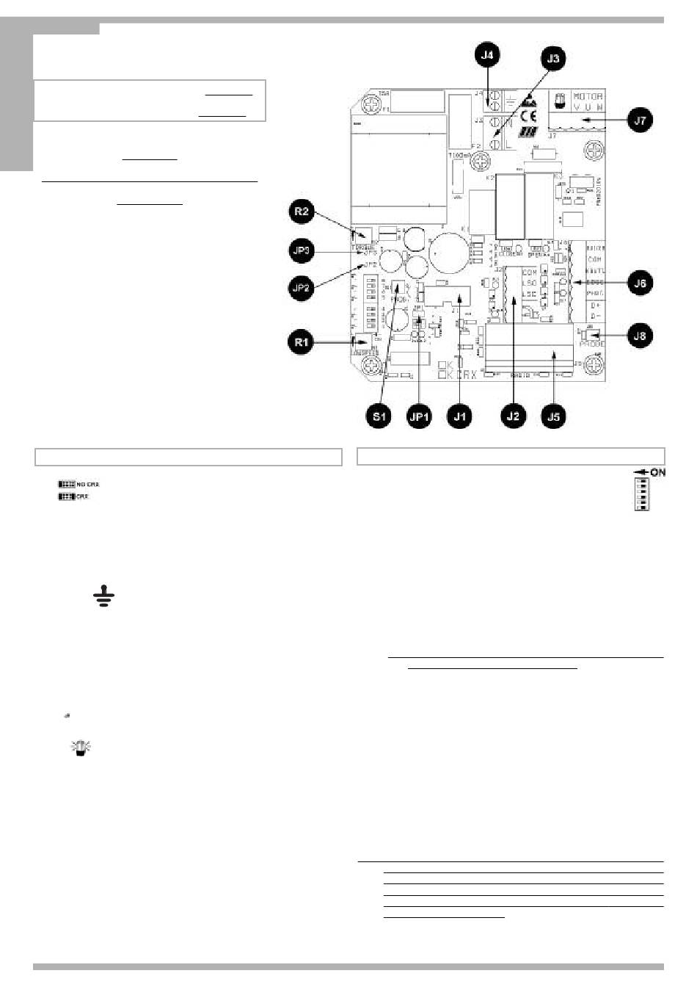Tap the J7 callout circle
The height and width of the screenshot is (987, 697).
pyautogui.click(x=641, y=120)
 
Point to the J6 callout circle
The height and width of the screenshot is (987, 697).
pyautogui.click(x=641, y=283)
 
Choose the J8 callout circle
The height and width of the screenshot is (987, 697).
pyautogui.click(x=641, y=336)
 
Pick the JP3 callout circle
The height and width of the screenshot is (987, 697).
pyautogui.click(x=302, y=250)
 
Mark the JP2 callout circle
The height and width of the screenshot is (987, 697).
pyautogui.click(x=302, y=288)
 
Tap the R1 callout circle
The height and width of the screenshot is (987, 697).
pyautogui.click(x=302, y=341)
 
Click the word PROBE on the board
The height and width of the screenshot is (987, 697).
pyautogui.click(x=591, y=343)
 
